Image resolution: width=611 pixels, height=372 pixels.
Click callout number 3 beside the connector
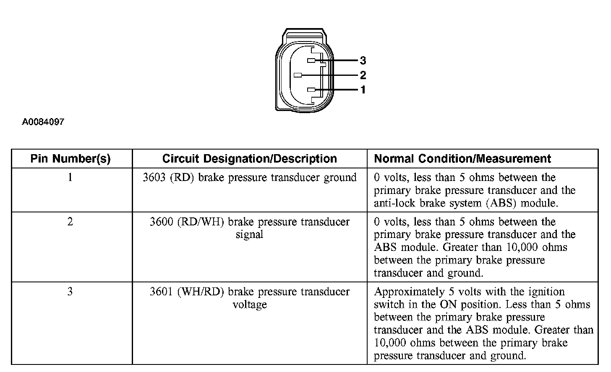[x=363, y=61]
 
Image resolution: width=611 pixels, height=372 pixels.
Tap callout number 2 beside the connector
[x=363, y=75]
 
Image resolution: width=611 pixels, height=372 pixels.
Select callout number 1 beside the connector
[x=363, y=90]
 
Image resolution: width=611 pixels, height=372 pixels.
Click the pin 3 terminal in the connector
[x=311, y=61]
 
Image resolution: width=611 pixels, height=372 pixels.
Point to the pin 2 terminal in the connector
[x=298, y=75]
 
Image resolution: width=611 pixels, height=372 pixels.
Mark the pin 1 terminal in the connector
[x=311, y=90]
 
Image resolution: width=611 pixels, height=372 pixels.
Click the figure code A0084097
[x=43, y=122]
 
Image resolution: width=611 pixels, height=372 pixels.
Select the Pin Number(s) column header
[x=70, y=159]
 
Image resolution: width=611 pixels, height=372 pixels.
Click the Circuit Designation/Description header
[x=250, y=159]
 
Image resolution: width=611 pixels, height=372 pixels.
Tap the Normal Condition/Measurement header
[x=462, y=159]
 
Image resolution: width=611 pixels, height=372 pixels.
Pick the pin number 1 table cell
[x=70, y=178]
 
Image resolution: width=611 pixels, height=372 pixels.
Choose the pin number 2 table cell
[x=70, y=222]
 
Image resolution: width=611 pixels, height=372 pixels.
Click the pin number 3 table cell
[x=70, y=292]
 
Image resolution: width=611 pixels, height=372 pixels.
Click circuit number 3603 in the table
[x=154, y=178]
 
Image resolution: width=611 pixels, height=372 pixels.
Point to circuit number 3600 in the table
[x=162, y=222]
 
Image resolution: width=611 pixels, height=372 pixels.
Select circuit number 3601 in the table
[x=162, y=292]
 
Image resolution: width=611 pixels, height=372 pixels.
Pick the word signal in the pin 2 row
[x=249, y=235]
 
